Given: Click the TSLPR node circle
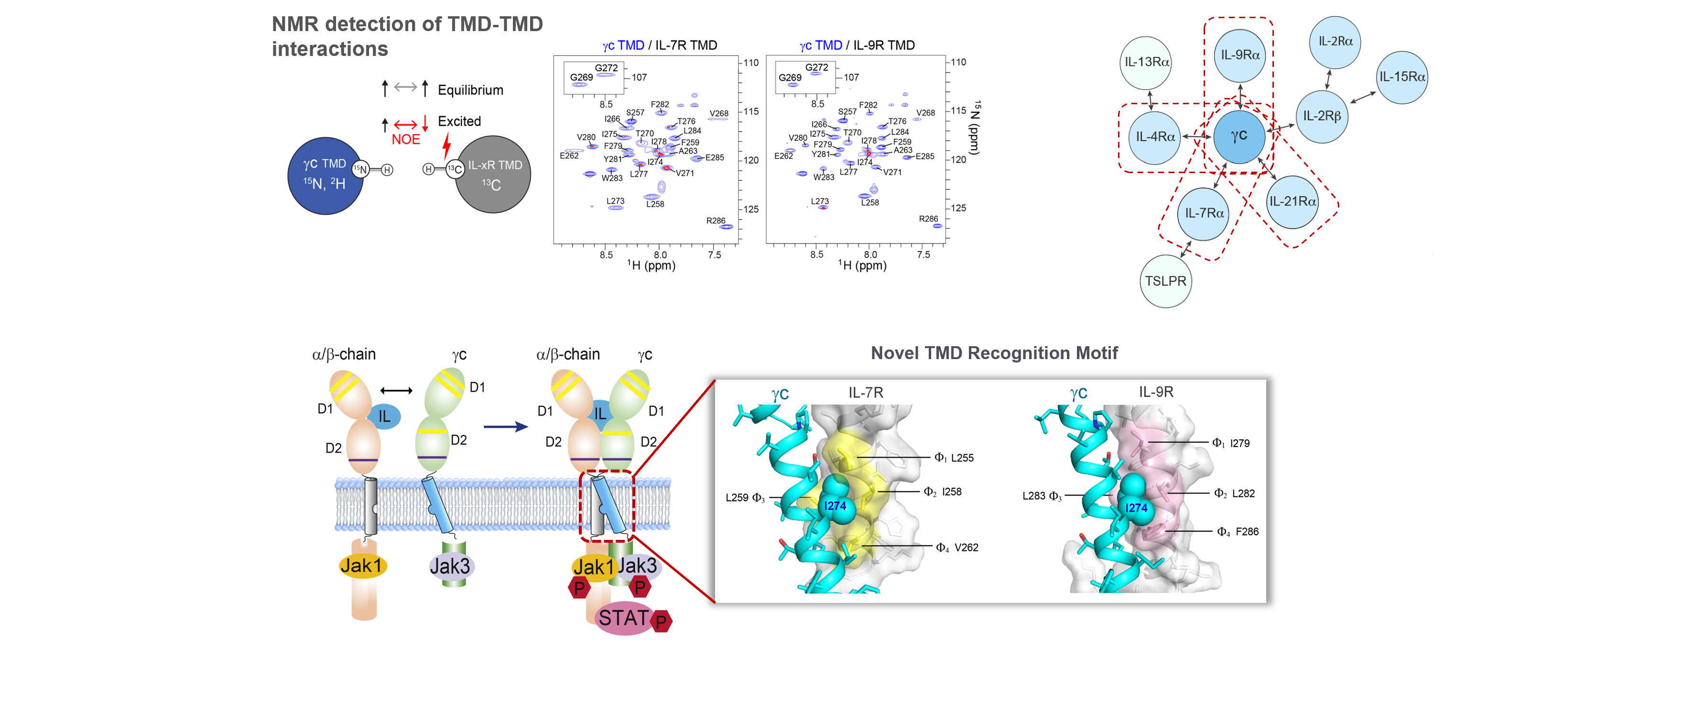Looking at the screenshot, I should (x=1165, y=281).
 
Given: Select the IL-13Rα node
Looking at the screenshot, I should (x=1146, y=62).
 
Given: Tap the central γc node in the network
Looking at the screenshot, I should (x=1239, y=136).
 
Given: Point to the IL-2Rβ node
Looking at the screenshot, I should (x=1321, y=116).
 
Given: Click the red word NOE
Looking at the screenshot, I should (x=405, y=139).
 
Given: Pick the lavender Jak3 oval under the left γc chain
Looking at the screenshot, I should (x=450, y=566).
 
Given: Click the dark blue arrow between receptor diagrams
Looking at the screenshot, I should (x=505, y=427).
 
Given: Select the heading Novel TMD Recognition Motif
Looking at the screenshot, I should (x=994, y=353).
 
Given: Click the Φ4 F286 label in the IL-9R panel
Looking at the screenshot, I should (x=1237, y=531).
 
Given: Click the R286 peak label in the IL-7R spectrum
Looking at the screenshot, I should (x=715, y=220).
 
